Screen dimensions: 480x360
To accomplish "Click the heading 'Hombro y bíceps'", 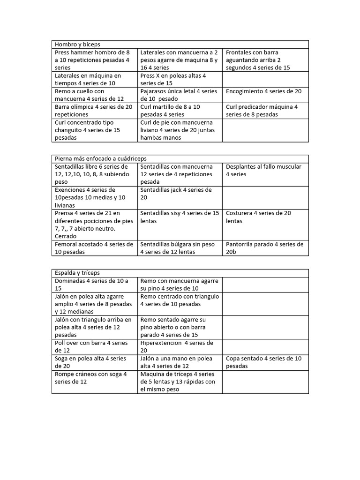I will (77, 44).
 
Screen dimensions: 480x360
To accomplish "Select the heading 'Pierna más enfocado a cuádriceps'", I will (101, 158).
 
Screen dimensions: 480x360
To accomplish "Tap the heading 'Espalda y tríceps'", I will (77, 273).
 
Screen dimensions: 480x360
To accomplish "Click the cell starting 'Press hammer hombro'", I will (94, 60).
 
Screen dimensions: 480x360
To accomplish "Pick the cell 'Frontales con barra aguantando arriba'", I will (265, 60).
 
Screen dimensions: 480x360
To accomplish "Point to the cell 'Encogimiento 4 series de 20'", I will (265, 91).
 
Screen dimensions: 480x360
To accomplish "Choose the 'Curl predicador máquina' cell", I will (265, 111).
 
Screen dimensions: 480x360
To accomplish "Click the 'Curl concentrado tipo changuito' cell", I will (94, 130).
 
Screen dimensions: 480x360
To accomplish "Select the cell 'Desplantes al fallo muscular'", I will (265, 171).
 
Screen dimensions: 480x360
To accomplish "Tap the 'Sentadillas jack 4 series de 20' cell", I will (180, 194).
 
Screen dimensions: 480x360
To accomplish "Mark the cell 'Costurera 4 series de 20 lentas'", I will (265, 217).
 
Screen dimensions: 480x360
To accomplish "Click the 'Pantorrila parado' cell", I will (265, 248).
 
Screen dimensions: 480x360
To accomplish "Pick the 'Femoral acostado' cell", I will (94, 248).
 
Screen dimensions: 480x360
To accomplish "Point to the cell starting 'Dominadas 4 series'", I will (94, 285).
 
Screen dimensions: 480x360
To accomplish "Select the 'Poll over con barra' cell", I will (94, 346).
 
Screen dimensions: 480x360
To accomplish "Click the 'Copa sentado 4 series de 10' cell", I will (265, 362).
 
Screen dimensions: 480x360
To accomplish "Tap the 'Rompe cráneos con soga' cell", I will (94, 378).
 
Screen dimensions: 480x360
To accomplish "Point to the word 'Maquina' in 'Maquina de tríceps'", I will (153, 374).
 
